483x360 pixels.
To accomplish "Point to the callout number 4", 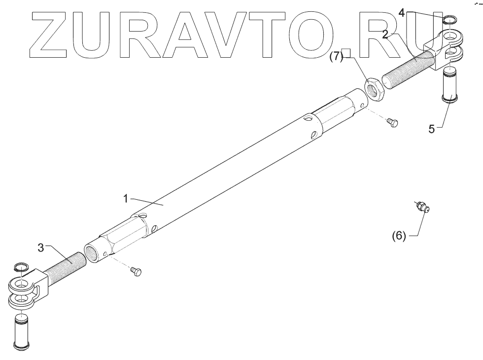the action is point(402,13).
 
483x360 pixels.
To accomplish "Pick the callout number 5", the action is point(432,129).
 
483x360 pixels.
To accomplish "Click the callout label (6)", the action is point(399,236).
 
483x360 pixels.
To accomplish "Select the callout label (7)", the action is point(336,56).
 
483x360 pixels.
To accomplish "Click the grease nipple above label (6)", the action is point(422,207).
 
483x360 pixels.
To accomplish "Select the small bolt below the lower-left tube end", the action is point(137,271).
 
